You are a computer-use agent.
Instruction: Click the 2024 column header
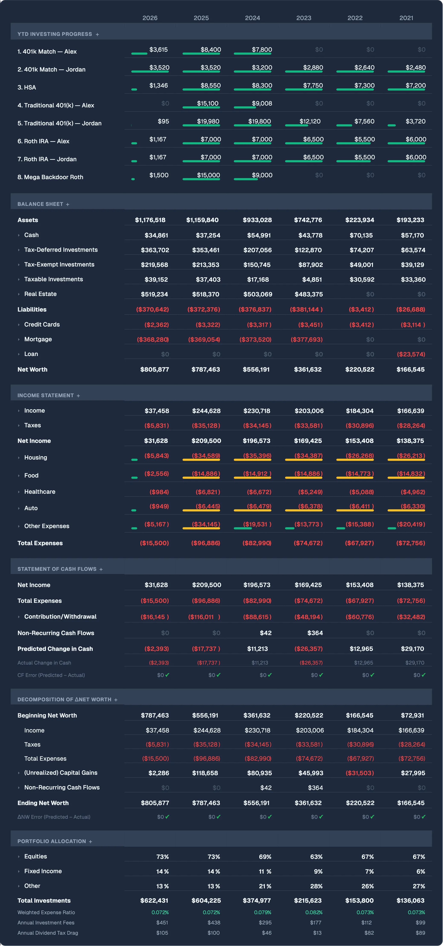(x=252, y=18)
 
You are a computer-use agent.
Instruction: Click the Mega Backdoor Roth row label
(x=50, y=177)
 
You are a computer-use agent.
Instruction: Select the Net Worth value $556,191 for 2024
(x=256, y=369)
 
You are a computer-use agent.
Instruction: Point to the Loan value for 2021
(x=411, y=354)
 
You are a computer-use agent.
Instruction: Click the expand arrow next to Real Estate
(x=19, y=294)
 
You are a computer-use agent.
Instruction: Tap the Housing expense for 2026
(x=157, y=456)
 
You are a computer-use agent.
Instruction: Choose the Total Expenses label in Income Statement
(x=40, y=543)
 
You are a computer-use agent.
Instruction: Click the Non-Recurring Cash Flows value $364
(x=315, y=633)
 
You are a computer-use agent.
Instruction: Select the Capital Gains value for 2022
(x=360, y=773)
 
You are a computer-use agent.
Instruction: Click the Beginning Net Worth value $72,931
(x=412, y=715)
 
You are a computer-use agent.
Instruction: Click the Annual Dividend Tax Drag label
(x=48, y=933)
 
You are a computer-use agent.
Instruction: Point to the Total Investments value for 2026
(x=154, y=901)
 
